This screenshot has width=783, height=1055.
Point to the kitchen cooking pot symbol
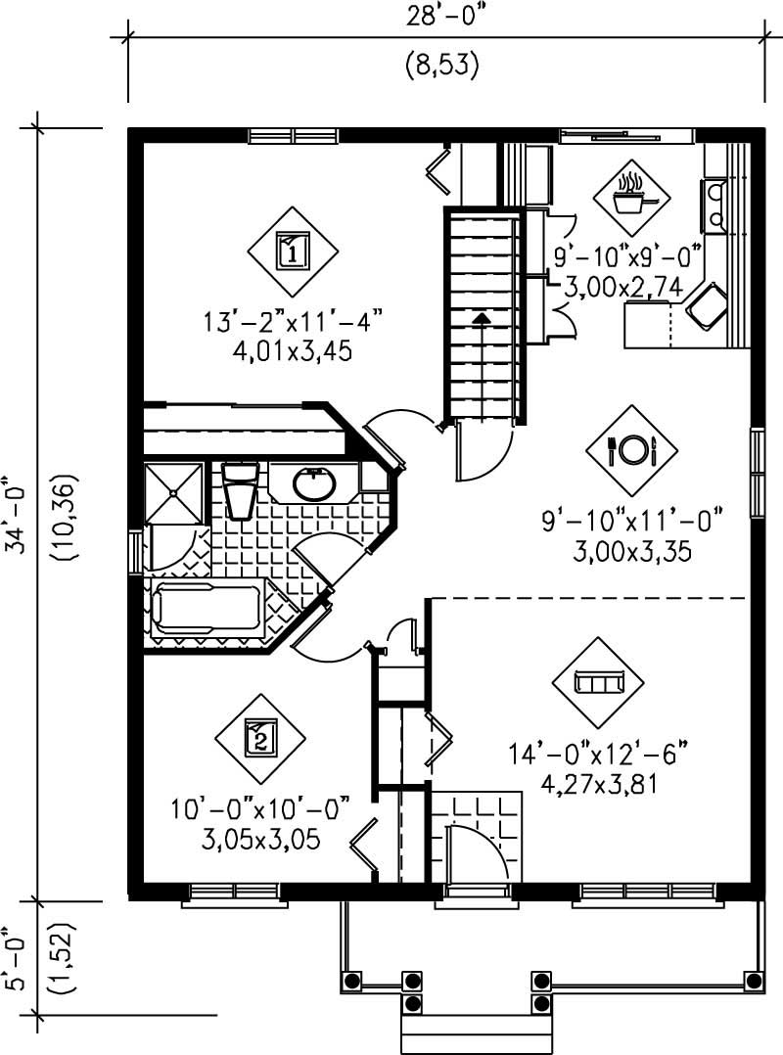[627, 196]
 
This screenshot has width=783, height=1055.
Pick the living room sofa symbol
[597, 682]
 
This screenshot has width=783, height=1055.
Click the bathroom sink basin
[313, 483]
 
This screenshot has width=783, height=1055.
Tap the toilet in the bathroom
[240, 488]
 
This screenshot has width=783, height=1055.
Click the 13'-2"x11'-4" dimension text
[290, 320]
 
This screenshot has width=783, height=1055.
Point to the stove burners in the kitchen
[714, 206]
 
